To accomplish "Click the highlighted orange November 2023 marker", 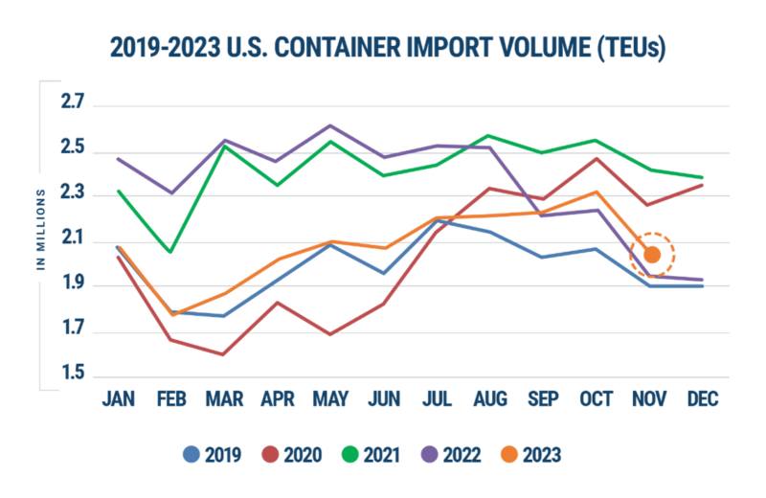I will [x=652, y=255].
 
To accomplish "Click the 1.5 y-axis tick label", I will [x=73, y=374].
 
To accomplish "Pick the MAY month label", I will [x=330, y=399].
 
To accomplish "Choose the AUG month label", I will [x=491, y=399].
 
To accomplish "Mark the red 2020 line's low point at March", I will [x=223, y=354].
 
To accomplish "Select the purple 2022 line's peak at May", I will [x=330, y=124].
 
